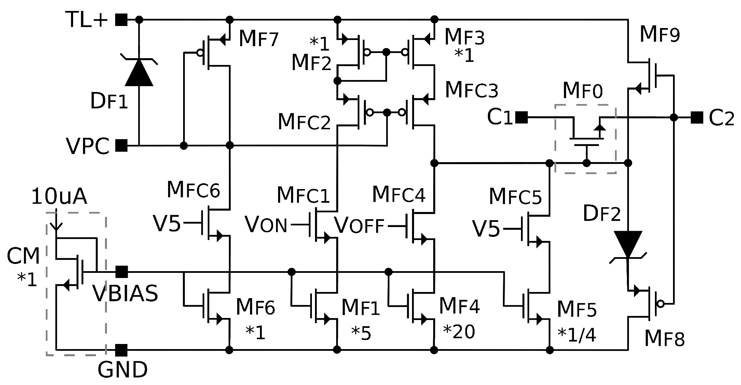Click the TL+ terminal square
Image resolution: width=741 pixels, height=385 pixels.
[x=121, y=20]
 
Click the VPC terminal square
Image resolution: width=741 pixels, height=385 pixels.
[x=121, y=146]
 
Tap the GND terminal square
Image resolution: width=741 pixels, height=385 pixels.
[x=121, y=350]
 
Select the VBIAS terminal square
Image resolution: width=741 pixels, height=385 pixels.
[x=121, y=272]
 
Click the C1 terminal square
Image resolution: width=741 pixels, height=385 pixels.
[x=521, y=118]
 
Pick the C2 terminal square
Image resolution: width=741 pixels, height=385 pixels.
[x=697, y=118]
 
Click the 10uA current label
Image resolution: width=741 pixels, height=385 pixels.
[x=59, y=197]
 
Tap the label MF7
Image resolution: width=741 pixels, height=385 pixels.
[x=259, y=39]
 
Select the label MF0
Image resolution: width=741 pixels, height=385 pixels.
[x=582, y=91]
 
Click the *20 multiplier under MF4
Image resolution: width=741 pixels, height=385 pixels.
[x=459, y=332]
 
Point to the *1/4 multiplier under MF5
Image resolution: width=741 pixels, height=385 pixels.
[x=577, y=335]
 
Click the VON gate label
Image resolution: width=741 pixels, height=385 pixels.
[x=266, y=225]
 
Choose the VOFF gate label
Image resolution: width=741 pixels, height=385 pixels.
[x=359, y=225]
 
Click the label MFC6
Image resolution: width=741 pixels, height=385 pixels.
[x=193, y=190]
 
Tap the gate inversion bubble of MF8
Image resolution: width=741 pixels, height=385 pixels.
[x=661, y=304]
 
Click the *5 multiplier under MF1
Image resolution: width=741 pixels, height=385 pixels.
[x=361, y=333]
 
